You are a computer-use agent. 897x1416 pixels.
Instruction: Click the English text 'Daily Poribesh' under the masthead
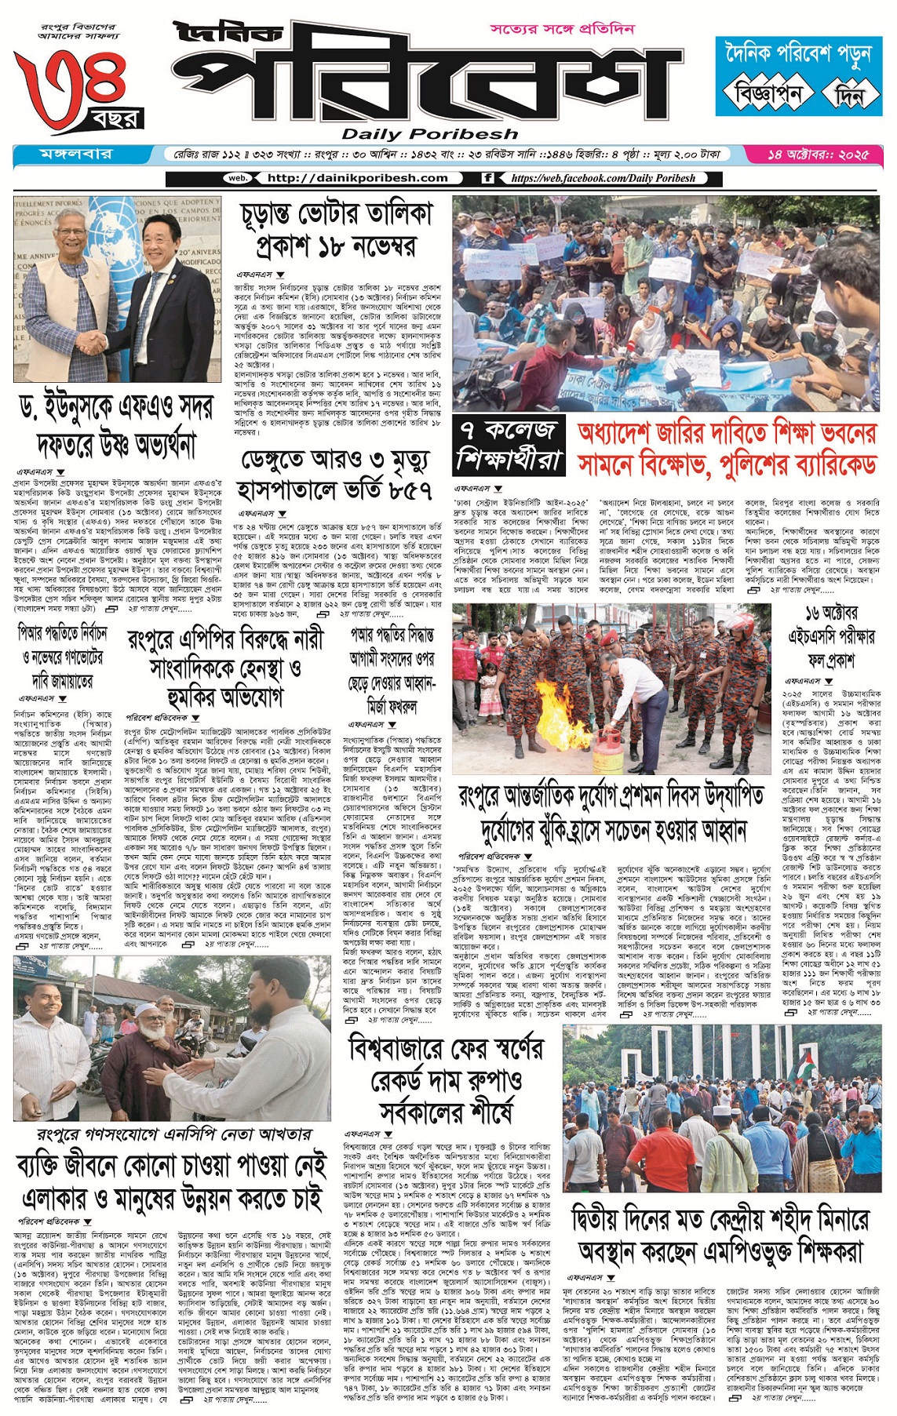tap(429, 134)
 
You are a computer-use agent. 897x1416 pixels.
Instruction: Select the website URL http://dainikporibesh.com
tap(357, 178)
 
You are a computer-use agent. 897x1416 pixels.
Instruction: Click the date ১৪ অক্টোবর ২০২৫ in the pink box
tap(818, 155)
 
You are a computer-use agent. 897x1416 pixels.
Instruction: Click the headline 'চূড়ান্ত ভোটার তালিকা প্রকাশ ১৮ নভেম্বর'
tap(337, 230)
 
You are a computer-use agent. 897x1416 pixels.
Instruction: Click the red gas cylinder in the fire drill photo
tap(604, 751)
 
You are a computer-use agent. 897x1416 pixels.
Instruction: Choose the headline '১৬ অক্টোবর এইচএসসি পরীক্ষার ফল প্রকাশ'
tap(832, 636)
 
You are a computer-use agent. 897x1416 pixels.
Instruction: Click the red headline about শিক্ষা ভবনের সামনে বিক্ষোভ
tap(727, 449)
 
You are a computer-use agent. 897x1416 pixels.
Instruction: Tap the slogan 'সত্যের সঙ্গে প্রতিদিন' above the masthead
tap(562, 29)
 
